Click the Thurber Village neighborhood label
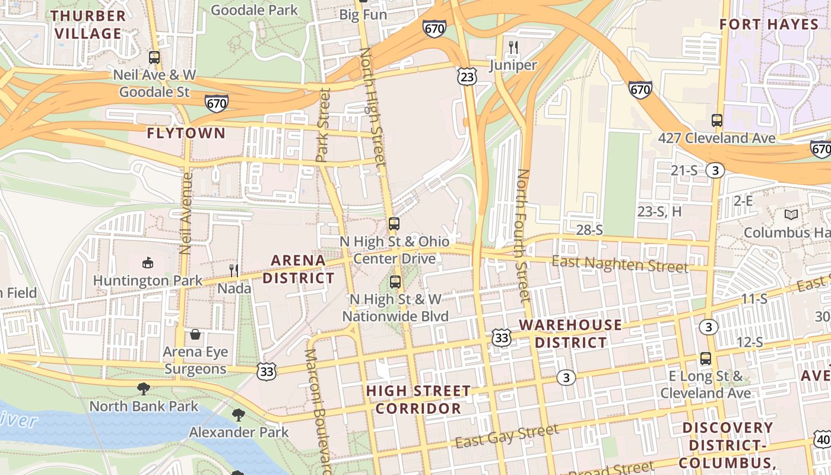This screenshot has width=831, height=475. click(x=88, y=24)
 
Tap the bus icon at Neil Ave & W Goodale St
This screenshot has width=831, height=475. click(x=154, y=58)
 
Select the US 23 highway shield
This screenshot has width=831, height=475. click(x=467, y=76)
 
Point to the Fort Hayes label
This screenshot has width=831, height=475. click(x=769, y=24)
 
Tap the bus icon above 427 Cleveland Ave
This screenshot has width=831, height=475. click(x=717, y=121)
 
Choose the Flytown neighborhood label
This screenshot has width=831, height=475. click(x=186, y=133)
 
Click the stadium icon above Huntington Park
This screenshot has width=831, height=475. click(x=148, y=262)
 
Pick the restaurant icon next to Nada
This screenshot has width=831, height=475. click(x=234, y=271)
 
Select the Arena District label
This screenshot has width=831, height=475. click(x=299, y=269)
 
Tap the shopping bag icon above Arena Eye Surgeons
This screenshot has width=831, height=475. click(x=195, y=334)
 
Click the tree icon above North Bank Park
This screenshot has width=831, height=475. click(x=143, y=389)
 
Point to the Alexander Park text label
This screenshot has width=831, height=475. click(x=239, y=432)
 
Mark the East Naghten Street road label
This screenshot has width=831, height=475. click(x=620, y=264)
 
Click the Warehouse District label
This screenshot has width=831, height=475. click(x=570, y=334)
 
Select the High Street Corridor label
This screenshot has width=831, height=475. click(x=418, y=400)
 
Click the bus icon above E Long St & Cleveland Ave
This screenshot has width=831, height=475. click(x=705, y=359)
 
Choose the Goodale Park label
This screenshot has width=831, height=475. click(x=254, y=10)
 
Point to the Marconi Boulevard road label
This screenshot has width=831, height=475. click(x=318, y=410)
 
